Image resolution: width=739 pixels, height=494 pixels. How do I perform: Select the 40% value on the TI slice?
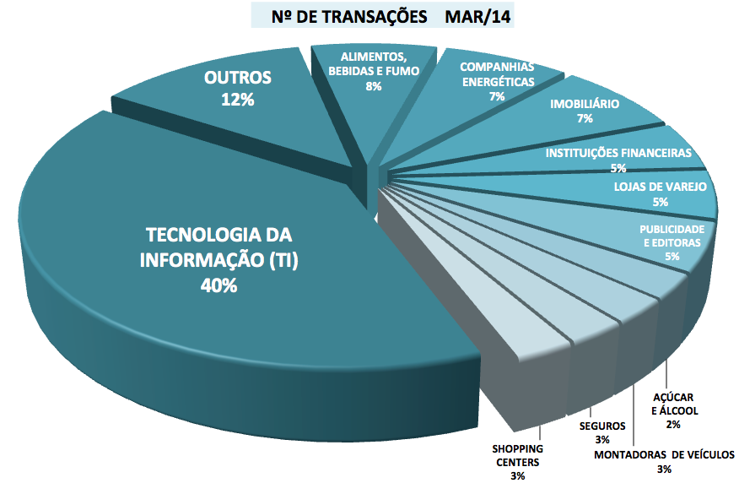click(x=219, y=285)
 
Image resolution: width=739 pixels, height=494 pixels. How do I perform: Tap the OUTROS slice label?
click(x=238, y=78)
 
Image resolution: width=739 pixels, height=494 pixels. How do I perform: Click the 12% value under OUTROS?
click(x=238, y=99)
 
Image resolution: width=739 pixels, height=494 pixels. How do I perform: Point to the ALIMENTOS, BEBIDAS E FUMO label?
click(x=374, y=64)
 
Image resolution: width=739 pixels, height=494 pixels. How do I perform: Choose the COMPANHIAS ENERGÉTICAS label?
click(x=497, y=74)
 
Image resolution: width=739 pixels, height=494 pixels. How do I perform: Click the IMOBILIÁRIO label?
click(x=585, y=105)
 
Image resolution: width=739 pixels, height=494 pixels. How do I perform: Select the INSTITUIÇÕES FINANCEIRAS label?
click(x=618, y=154)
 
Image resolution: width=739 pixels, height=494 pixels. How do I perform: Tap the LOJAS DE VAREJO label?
click(x=661, y=187)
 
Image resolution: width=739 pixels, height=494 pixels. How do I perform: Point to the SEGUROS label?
click(x=602, y=426)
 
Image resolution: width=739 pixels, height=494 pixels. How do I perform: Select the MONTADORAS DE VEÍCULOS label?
click(x=664, y=455)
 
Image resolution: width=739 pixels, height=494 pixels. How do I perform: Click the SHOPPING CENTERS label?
click(x=517, y=455)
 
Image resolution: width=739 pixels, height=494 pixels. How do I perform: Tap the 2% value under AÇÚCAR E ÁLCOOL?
click(x=673, y=424)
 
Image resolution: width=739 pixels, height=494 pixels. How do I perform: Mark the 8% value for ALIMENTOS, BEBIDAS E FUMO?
click(x=374, y=86)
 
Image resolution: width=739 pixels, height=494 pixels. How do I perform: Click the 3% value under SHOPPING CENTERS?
click(x=517, y=477)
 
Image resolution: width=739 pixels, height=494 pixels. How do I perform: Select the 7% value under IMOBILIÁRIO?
click(x=585, y=119)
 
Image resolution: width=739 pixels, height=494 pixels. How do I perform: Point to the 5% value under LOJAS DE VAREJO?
click(x=660, y=202)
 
